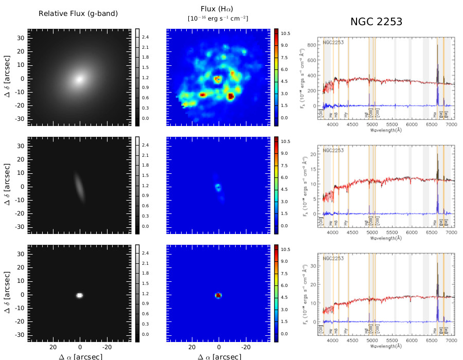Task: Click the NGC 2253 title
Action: [376, 22]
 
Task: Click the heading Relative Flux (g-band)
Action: [78, 13]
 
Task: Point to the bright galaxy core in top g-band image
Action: [79, 79]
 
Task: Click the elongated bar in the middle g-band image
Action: [79, 187]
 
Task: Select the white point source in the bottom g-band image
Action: [80, 295]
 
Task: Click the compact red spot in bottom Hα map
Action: [218, 295]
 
